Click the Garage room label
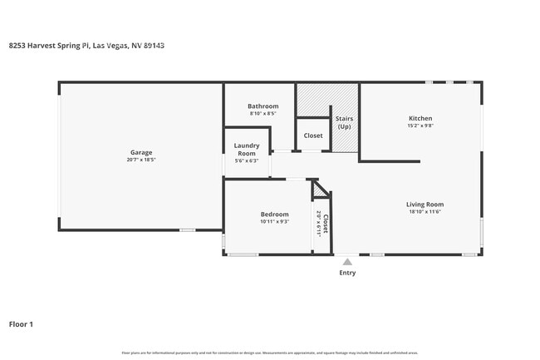tap(140, 152)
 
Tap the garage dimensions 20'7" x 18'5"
tap(140, 160)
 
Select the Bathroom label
tap(263, 106)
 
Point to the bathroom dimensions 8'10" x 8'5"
tap(263, 114)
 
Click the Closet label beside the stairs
tap(313, 136)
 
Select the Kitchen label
tap(420, 119)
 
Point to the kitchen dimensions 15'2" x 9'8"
tap(420, 126)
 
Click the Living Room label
tap(425, 205)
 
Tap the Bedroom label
tap(274, 215)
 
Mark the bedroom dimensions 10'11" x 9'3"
tap(274, 222)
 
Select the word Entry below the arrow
tap(347, 273)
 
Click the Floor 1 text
tap(22, 324)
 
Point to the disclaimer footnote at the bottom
tap(269, 353)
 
